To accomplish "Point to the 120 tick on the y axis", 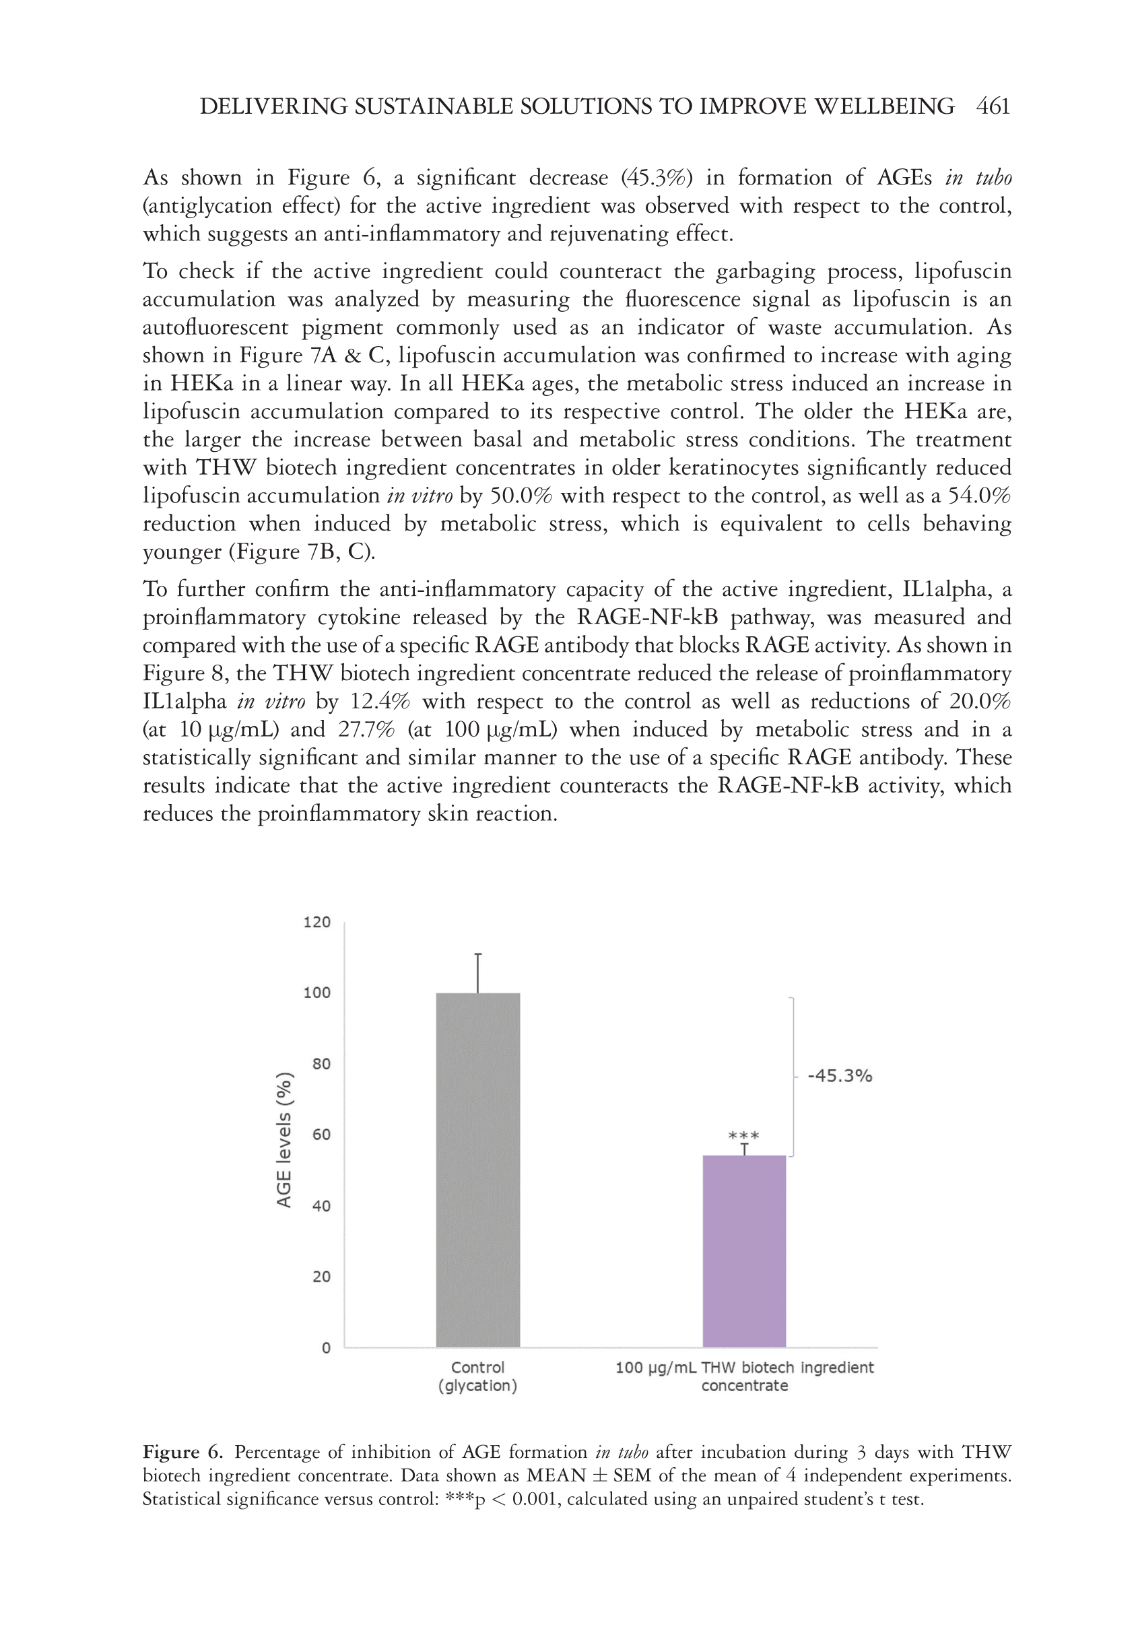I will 317,923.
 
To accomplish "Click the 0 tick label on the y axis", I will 326,1348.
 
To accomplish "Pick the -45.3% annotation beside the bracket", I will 840,1076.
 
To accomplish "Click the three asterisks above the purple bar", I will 744,1136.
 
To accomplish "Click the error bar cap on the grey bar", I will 477,954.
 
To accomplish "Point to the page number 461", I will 994,107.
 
